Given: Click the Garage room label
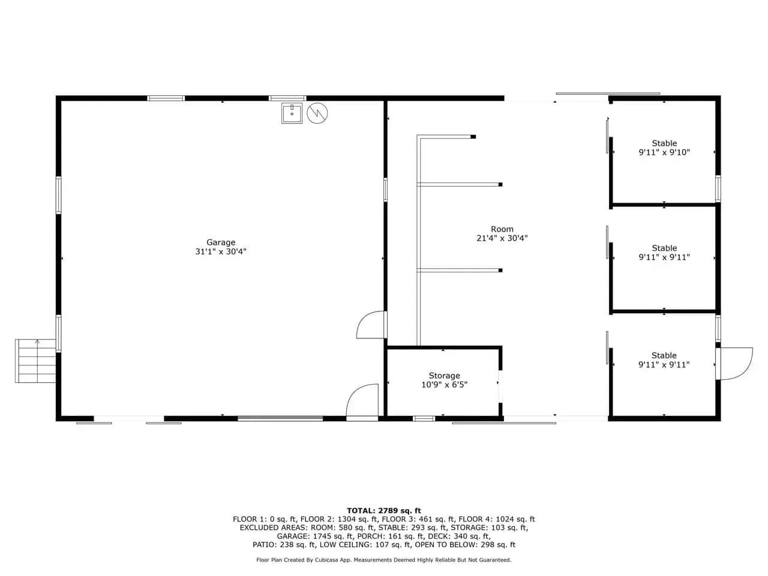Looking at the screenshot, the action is [220, 242].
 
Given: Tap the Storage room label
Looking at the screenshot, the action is [444, 376].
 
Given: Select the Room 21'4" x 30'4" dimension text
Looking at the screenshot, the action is [502, 238].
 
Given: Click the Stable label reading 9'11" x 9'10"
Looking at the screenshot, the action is [664, 152].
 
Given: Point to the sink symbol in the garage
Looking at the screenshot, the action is [292, 113].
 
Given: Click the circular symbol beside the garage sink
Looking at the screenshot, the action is [317, 113].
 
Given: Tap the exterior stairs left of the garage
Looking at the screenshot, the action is [35, 361].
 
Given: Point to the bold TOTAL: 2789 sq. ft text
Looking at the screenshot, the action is [384, 511].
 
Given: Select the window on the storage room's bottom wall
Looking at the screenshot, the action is [424, 419].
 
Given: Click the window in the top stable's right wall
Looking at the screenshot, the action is [718, 189].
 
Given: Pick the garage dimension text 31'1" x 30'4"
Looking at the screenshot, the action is [220, 251].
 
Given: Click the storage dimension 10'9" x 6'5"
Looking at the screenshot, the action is [444, 385].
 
